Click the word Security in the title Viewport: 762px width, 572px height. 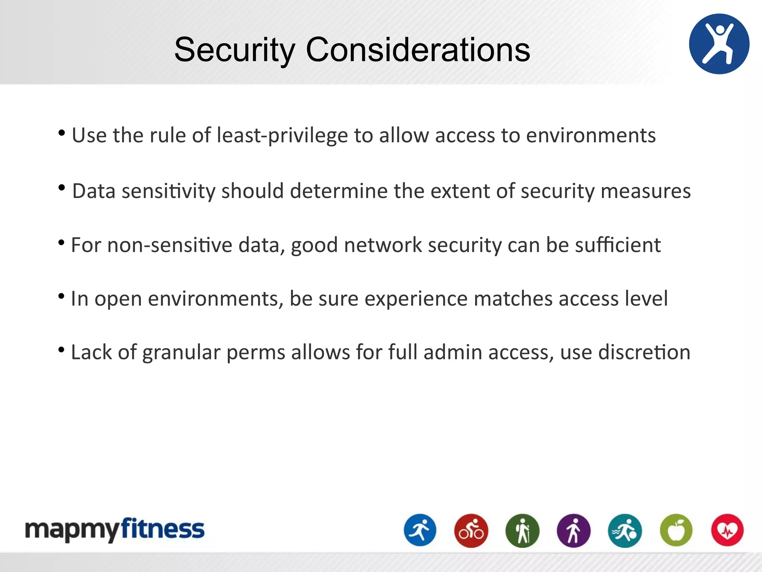[x=234, y=50]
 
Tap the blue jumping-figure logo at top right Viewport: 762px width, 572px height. [x=719, y=44]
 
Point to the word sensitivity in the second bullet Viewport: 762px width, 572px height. [x=168, y=191]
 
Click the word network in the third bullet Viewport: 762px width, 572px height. [x=382, y=245]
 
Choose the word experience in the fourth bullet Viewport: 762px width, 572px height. [x=416, y=299]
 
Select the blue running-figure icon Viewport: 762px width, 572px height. [x=420, y=530]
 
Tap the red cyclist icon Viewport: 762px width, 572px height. [x=471, y=530]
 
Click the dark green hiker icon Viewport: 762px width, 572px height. [x=522, y=530]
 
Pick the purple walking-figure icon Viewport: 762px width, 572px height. [x=573, y=530]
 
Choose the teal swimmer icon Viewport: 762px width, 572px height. [x=625, y=530]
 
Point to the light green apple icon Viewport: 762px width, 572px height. [x=676, y=530]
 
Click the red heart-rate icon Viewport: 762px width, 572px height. [x=727, y=530]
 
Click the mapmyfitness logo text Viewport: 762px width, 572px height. [x=115, y=530]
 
